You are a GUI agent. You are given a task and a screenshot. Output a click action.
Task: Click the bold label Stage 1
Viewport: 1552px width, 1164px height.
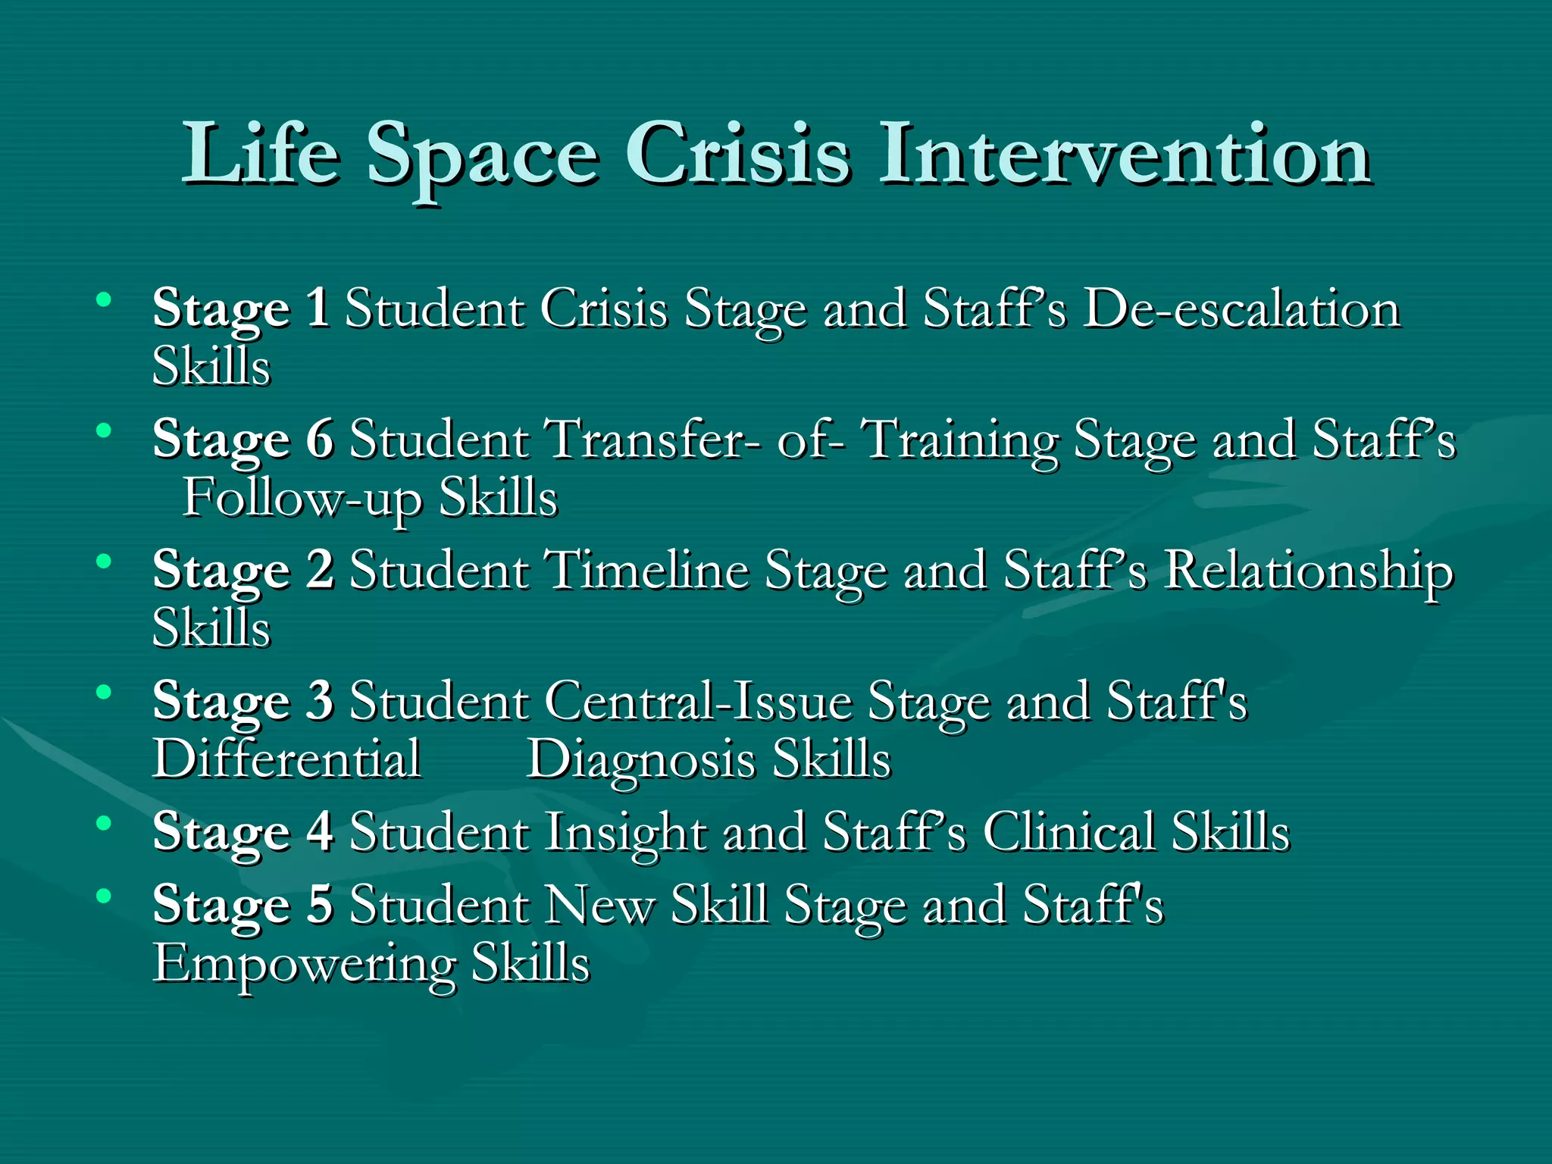point(240,309)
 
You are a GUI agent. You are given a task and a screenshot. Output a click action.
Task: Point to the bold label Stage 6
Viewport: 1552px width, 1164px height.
point(242,440)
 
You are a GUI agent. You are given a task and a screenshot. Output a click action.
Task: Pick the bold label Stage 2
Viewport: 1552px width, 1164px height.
point(242,571)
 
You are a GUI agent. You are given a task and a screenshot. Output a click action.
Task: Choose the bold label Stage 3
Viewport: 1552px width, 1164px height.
point(242,701)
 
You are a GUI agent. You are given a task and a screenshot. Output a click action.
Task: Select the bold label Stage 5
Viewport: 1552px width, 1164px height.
point(242,905)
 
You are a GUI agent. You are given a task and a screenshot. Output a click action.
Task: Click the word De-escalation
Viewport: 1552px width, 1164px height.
point(1241,309)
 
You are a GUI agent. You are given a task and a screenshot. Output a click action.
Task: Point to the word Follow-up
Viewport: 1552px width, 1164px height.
point(302,499)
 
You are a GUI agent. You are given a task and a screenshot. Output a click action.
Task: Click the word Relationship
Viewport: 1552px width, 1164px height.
point(1309,571)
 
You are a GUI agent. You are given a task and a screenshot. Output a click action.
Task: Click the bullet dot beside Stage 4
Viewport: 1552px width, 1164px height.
point(104,823)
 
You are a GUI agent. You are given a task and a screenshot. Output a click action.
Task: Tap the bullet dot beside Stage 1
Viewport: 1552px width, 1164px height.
point(104,300)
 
